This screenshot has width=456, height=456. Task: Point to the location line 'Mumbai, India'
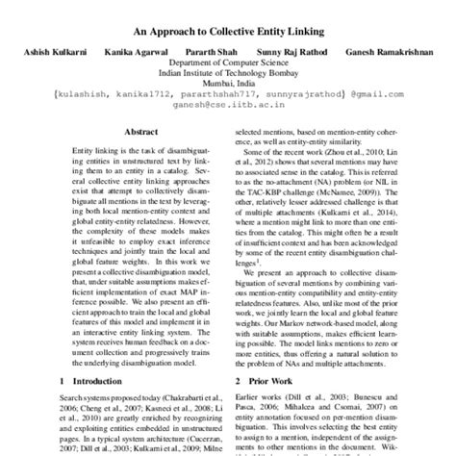click(228, 96)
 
